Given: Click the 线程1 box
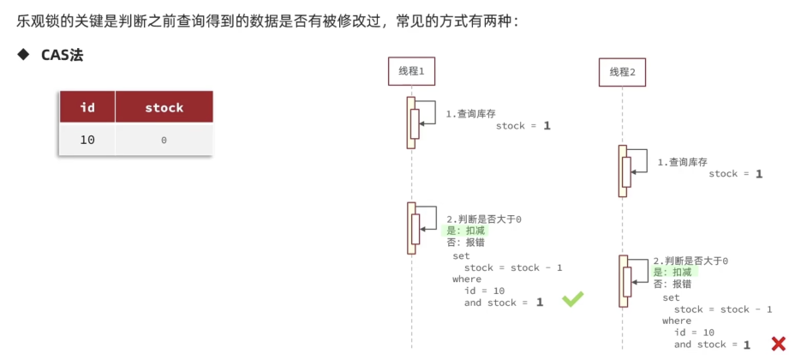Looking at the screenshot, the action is coord(411,71).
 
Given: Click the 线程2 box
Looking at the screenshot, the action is coord(622,72).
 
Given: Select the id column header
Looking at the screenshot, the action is coord(87,107).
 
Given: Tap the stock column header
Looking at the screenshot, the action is coord(164,107).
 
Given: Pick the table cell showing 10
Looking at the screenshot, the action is coord(87,139).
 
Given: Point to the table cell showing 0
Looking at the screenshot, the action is coord(164,139).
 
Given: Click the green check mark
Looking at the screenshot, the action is coord(572,299).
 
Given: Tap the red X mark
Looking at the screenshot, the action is coord(778,344).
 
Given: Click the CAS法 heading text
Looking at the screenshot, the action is coord(63,55).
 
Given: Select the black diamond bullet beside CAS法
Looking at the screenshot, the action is coord(23,55).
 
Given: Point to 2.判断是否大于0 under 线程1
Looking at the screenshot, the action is coord(484,219).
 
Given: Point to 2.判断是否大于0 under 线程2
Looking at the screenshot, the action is coord(690,261).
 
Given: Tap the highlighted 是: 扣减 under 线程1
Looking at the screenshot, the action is coord(465,231).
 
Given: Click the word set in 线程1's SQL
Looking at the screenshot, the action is coord(461,255).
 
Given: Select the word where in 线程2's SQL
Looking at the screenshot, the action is coord(677,321).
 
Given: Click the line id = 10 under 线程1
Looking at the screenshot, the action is coord(484,291).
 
